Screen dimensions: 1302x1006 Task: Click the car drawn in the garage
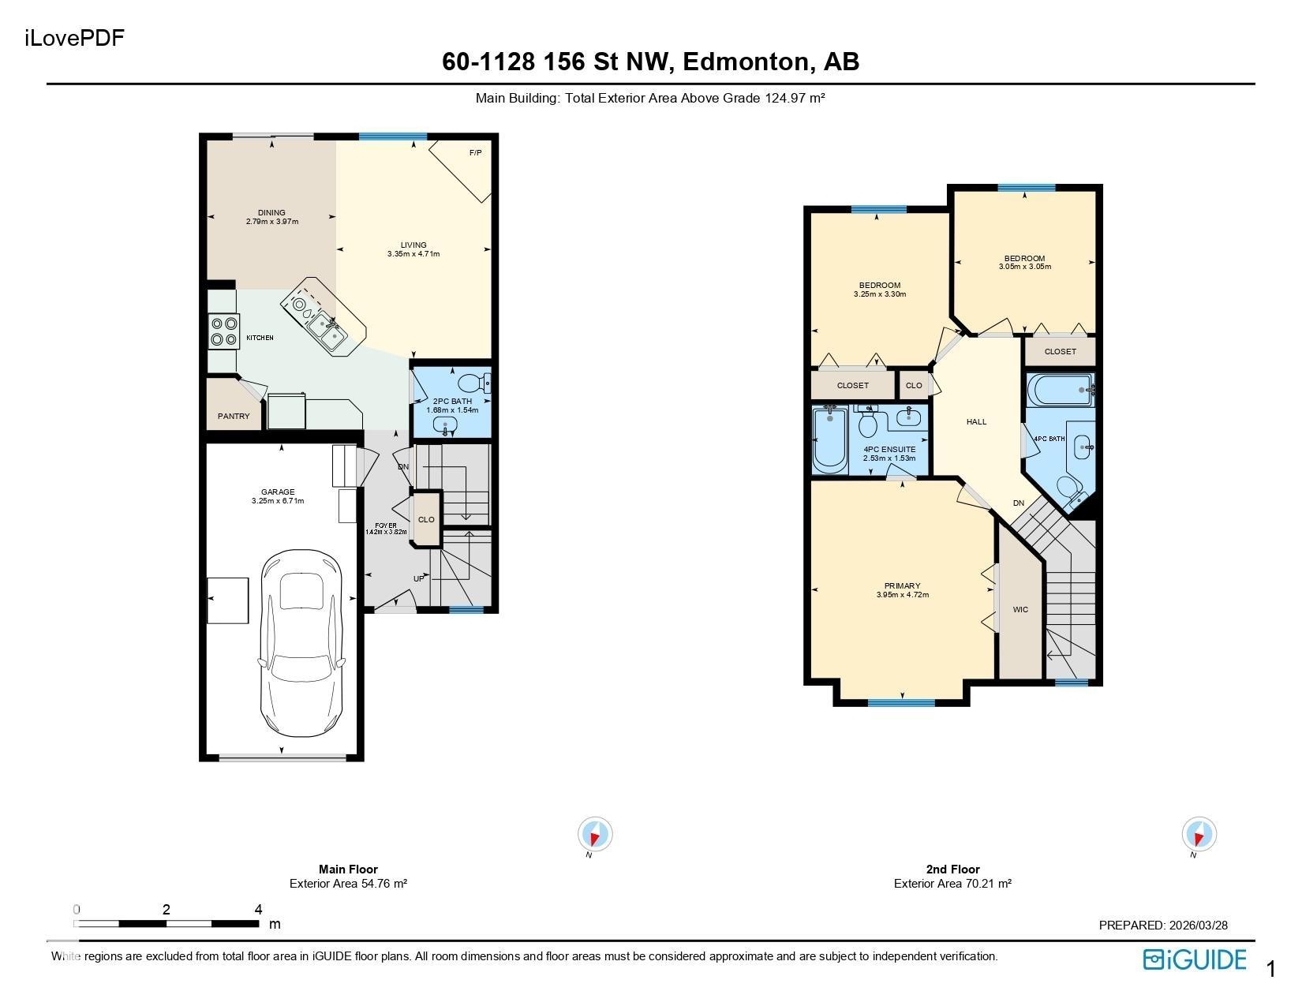point(301,644)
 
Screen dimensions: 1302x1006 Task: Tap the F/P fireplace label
point(475,153)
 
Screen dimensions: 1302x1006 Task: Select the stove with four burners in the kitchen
point(224,331)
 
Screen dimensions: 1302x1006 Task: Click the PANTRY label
point(234,416)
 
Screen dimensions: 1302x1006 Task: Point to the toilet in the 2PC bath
point(474,382)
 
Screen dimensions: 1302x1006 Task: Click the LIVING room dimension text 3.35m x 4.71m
point(413,254)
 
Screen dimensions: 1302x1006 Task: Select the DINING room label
point(271,212)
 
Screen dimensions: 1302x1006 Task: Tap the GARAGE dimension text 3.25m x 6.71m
point(278,501)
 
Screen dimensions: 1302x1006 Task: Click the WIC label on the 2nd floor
point(1020,609)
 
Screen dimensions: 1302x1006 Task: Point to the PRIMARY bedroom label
point(903,585)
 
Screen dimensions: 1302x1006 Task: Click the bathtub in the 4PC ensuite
point(830,439)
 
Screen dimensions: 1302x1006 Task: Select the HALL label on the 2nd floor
point(977,422)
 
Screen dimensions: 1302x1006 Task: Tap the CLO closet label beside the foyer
point(426,519)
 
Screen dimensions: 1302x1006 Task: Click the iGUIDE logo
point(1195,960)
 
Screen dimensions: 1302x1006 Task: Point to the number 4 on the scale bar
point(258,909)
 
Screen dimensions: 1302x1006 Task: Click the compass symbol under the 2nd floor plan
point(1199,833)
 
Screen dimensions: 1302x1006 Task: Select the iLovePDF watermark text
point(74,38)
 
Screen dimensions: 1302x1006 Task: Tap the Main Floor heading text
point(348,869)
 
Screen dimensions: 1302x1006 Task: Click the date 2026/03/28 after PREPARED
point(1199,925)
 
